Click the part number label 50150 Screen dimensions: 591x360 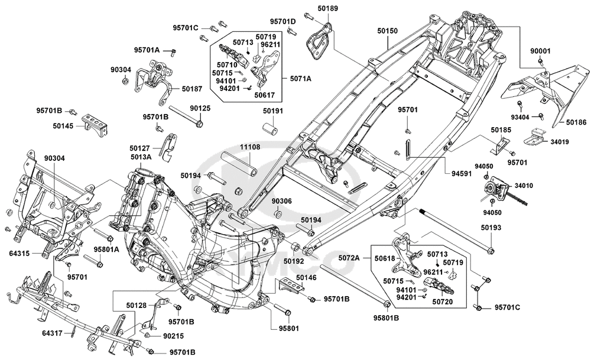click(388, 31)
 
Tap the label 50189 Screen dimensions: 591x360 click(327, 8)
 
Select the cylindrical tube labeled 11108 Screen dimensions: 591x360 click(239, 163)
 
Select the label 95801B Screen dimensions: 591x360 click(387, 318)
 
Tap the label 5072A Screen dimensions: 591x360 click(349, 258)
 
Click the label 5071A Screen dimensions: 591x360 click(301, 79)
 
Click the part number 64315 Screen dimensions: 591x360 click(20, 254)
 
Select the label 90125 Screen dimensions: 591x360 click(200, 108)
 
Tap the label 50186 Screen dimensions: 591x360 click(576, 122)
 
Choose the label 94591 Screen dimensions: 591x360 click(462, 173)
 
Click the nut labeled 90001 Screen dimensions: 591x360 click(540, 61)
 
